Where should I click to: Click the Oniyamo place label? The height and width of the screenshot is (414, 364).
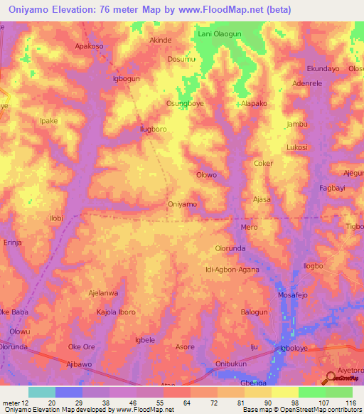pyautogui.click(x=182, y=204)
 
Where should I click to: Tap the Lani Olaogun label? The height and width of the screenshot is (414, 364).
pyautogui.click(x=216, y=33)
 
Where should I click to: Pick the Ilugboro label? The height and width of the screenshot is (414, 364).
pyautogui.click(x=153, y=129)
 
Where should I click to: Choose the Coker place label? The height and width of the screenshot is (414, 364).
pyautogui.click(x=263, y=163)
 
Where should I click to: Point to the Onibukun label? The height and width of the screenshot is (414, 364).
pyautogui.click(x=230, y=364)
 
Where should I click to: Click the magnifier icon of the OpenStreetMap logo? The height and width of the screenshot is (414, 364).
pyautogui.click(x=331, y=378)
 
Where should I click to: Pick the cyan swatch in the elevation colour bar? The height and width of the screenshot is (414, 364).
pyautogui.click(x=42, y=392)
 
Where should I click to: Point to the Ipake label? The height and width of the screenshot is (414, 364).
pyautogui.click(x=48, y=121)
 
